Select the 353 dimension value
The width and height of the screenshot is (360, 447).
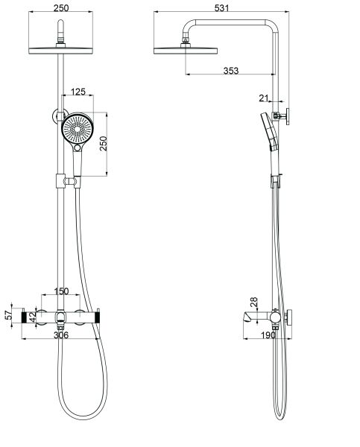[232, 71]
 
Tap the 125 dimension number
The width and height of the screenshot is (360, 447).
[78, 92]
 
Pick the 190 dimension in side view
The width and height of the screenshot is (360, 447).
[268, 336]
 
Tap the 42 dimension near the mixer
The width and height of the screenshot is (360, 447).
[32, 316]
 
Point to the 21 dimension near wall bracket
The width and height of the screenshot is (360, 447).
[263, 98]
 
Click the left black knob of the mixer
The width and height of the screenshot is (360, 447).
[32, 317]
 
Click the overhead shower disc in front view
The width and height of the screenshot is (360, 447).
[60, 50]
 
